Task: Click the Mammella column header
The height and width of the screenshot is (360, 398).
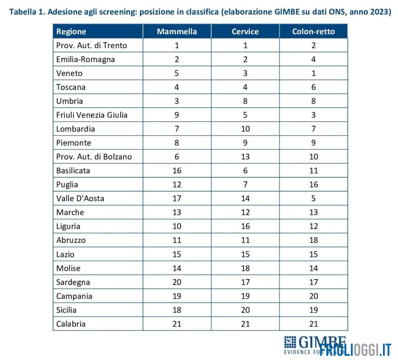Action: tap(177, 31)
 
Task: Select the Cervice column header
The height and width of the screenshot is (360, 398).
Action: tap(245, 31)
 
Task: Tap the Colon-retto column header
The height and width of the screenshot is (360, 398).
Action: tap(313, 31)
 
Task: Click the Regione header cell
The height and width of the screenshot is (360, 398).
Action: tap(71, 31)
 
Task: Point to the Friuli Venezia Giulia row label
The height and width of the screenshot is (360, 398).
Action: tap(92, 115)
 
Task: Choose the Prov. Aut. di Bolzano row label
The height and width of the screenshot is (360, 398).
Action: tap(94, 157)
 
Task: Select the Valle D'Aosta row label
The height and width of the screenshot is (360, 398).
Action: tap(80, 198)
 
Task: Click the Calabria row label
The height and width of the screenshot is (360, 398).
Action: tap(71, 324)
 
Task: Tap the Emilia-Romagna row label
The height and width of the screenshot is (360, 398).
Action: tap(86, 59)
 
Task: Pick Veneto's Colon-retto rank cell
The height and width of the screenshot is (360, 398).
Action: tap(313, 73)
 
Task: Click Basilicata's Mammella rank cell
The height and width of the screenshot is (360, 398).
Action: tap(177, 171)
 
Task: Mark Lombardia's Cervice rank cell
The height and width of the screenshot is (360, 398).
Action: tap(245, 129)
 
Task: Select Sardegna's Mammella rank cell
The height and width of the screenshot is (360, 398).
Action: tap(177, 282)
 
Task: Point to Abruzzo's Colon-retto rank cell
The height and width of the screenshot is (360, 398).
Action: tap(313, 240)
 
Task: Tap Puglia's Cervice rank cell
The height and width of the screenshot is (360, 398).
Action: tap(245, 185)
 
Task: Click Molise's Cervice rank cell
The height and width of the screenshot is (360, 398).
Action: tap(245, 268)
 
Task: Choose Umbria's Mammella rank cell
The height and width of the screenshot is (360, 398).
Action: tap(177, 101)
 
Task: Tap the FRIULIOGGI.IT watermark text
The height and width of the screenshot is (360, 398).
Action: tap(355, 349)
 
